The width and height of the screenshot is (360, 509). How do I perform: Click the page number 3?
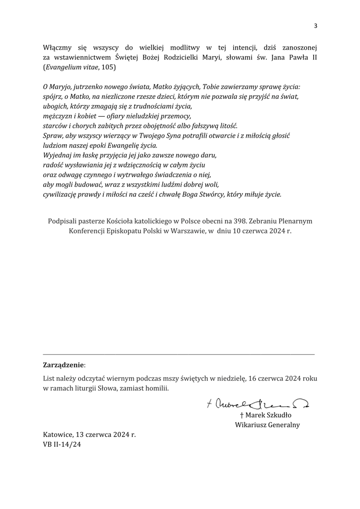pos(315,26)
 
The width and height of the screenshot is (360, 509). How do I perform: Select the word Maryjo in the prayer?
pos(64,86)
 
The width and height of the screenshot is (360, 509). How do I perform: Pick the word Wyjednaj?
pos(58,155)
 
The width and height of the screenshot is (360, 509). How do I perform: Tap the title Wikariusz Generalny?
pos(267,425)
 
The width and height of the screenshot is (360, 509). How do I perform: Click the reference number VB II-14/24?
pos(62,444)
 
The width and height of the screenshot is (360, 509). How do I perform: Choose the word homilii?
pos(154,388)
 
